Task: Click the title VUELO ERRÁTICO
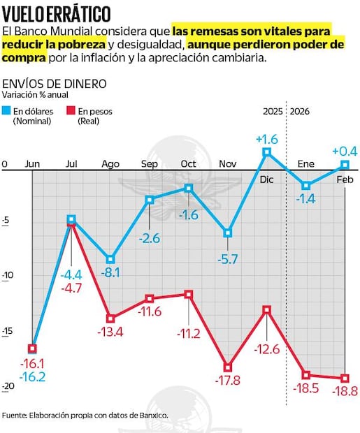[57, 13]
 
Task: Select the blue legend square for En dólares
[6, 110]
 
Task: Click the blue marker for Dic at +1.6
[266, 152]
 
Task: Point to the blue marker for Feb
[345, 165]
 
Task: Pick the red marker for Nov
[228, 366]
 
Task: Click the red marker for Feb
[345, 378]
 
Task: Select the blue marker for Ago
[110, 258]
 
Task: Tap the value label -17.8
[228, 381]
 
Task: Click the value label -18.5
[306, 391]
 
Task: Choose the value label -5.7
[228, 260]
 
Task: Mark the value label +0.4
[344, 151]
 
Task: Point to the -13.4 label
[110, 332]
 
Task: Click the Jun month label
[32, 163]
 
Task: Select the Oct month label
[188, 163]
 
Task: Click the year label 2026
[300, 111]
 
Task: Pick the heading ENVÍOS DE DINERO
[55, 83]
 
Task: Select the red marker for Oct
[189, 294]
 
